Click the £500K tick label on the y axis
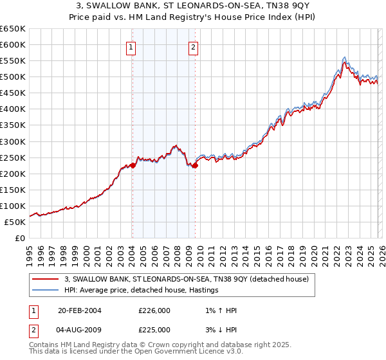(x=13, y=77)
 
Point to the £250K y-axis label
(x=13, y=157)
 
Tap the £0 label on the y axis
(x=21, y=238)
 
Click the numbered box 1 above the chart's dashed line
(x=131, y=46)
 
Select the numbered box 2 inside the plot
(x=194, y=46)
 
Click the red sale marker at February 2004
(x=133, y=165)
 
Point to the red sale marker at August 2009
(x=194, y=166)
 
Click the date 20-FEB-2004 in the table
(x=80, y=310)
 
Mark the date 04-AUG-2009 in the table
(x=80, y=329)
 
